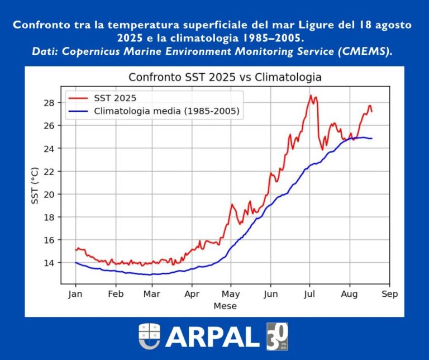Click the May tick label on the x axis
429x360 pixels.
click(231, 294)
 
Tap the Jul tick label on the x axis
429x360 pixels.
click(309, 294)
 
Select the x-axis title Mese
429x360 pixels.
click(225, 306)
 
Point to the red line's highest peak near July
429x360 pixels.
click(311, 96)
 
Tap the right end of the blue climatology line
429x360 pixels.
click(372, 138)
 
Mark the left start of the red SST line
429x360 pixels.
click(75, 250)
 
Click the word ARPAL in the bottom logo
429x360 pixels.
click(212, 337)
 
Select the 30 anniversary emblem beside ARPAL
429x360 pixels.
click(277, 337)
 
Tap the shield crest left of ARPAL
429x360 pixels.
click(149, 337)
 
